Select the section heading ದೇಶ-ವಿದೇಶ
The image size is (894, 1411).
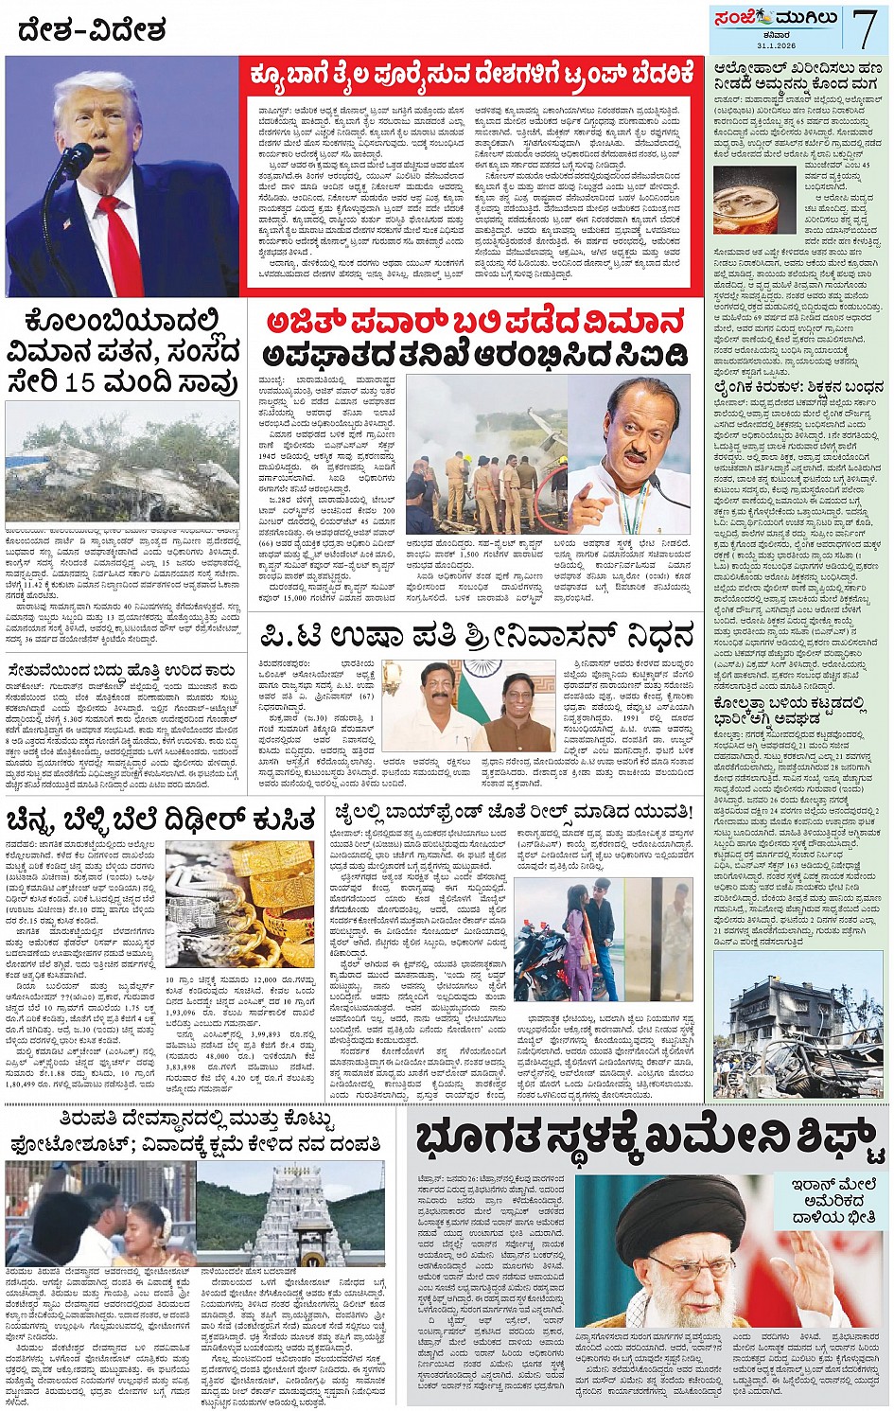(x=92, y=31)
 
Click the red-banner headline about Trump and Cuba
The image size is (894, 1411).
(x=472, y=73)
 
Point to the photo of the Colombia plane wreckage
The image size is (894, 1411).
(x=122, y=463)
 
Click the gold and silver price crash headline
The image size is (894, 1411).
(x=161, y=819)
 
